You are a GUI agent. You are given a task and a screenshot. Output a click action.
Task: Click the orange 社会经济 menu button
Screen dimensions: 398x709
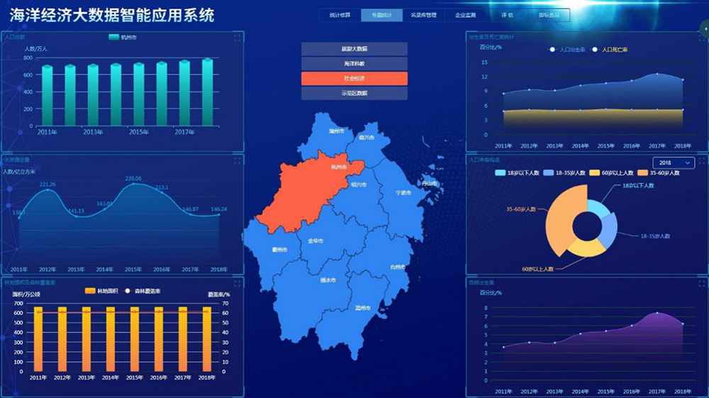click(354, 78)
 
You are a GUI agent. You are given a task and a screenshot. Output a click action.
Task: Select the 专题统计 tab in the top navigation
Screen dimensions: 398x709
click(381, 15)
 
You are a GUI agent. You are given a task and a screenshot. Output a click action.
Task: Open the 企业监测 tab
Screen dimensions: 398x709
click(465, 15)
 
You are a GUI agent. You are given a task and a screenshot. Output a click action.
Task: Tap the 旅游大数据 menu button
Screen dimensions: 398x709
click(354, 49)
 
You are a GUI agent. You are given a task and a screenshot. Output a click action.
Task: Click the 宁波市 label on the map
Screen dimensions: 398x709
click(403, 192)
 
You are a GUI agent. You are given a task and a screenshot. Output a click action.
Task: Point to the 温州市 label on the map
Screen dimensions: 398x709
click(364, 308)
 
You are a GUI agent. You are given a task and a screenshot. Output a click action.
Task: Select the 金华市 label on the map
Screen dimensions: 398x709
click(316, 241)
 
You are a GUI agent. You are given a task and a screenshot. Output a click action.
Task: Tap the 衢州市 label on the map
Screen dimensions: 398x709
click(279, 250)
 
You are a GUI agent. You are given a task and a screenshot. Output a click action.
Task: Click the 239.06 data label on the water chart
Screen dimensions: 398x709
click(133, 179)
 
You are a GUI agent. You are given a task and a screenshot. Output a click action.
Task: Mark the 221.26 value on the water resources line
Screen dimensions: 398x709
click(48, 184)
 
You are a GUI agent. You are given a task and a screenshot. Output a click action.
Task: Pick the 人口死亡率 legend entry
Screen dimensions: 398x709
click(610, 50)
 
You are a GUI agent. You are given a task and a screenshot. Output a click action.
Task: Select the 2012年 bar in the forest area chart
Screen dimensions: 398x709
click(62, 339)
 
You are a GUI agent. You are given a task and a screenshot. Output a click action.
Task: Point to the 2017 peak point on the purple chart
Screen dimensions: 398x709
click(657, 313)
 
